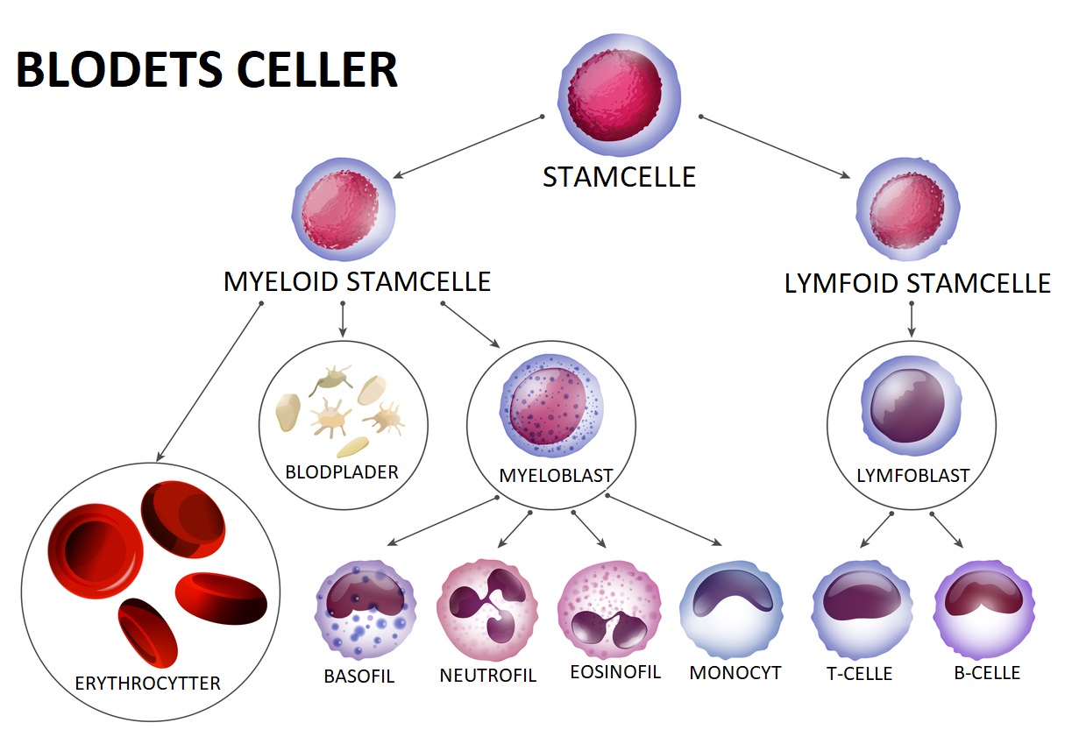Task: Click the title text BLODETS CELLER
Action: click(207, 70)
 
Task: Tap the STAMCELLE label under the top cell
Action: click(619, 177)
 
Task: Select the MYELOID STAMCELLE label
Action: click(357, 282)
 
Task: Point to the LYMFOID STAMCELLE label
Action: click(917, 284)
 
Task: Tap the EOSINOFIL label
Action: click(614, 672)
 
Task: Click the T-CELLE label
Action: click(859, 674)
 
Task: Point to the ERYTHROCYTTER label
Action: click(148, 683)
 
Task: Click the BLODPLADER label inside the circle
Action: click(342, 472)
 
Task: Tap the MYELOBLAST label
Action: click(556, 476)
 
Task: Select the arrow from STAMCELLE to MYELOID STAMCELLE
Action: click(467, 146)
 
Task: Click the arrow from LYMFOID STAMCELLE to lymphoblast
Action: click(912, 320)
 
